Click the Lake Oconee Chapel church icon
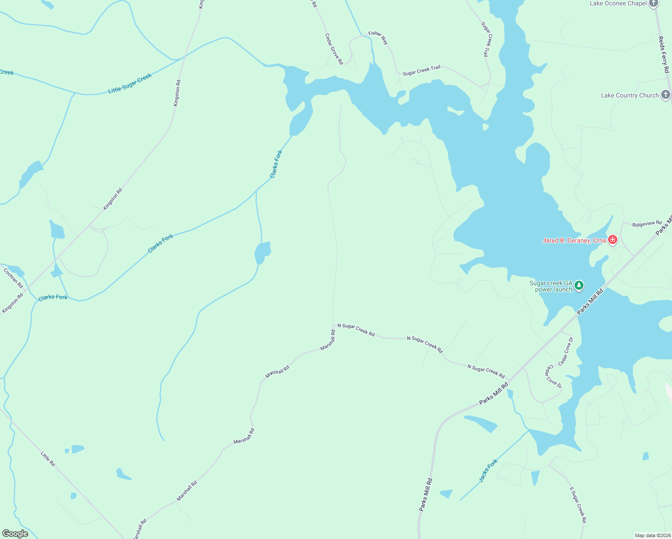click(x=653, y=4)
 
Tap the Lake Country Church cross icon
click(x=666, y=95)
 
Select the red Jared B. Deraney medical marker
click(x=612, y=240)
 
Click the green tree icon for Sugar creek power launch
click(x=579, y=285)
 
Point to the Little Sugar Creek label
click(x=130, y=84)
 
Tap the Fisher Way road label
click(x=378, y=37)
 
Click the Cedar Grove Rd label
click(x=334, y=49)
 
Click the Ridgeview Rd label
click(x=647, y=224)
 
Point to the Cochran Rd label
click(x=13, y=278)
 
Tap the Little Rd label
click(x=48, y=459)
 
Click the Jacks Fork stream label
click(x=488, y=470)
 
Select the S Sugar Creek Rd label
click(x=578, y=504)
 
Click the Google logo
click(x=15, y=534)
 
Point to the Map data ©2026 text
click(x=652, y=535)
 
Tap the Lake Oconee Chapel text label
click(x=618, y=4)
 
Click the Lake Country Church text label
click(x=630, y=95)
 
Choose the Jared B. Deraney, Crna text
click(x=574, y=240)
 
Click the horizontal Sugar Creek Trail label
click(x=421, y=71)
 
